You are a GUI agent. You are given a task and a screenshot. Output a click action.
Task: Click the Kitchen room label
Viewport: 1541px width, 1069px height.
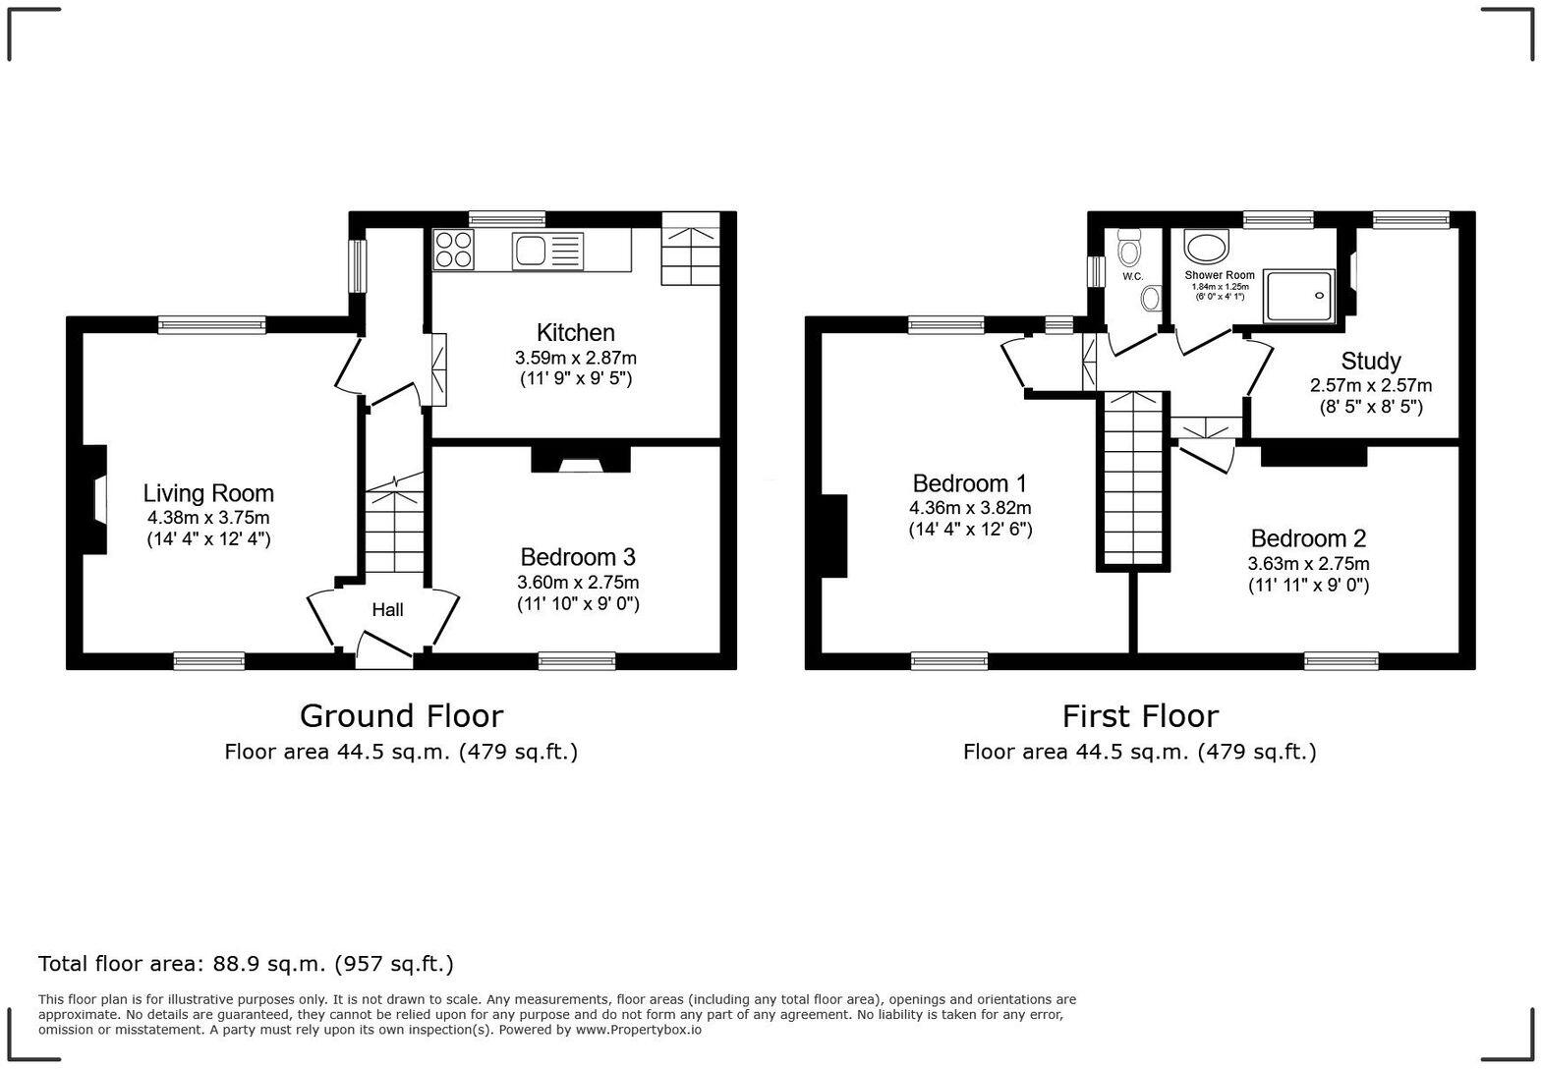coord(575,333)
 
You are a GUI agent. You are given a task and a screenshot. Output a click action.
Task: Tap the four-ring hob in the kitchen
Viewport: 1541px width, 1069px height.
coord(453,249)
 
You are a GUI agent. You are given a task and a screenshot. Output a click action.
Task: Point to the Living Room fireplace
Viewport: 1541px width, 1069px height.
coord(95,499)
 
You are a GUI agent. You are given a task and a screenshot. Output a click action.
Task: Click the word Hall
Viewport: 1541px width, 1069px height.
coord(387,609)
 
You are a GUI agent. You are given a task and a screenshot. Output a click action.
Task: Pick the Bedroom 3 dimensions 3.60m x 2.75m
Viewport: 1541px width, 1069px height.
coord(578,583)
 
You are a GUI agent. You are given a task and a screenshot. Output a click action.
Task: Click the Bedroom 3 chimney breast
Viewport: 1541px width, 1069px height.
coord(581,459)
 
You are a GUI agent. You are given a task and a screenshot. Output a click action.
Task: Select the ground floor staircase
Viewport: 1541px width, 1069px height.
coord(393,523)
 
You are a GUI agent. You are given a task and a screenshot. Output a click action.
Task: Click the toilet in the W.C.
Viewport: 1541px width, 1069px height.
coord(1129,248)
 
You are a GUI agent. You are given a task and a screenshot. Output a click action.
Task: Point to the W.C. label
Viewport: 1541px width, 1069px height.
coord(1132,276)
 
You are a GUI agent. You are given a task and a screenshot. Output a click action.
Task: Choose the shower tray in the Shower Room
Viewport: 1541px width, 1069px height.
coord(1299,296)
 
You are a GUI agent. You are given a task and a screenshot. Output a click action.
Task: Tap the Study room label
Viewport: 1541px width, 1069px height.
coord(1370,362)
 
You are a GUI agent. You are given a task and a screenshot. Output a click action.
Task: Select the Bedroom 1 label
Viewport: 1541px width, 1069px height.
coord(969,483)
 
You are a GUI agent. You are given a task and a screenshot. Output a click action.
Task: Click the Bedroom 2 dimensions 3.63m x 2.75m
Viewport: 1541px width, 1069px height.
coord(1308,564)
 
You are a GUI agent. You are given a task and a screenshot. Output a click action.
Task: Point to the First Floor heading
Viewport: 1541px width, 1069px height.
coord(1140,716)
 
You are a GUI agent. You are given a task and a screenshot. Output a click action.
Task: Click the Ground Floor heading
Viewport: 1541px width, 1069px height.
coord(401,716)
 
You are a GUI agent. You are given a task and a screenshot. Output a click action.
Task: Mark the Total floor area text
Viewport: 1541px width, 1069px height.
coord(246,964)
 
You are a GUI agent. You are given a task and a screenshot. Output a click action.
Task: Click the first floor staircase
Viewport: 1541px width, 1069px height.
coord(1133,478)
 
